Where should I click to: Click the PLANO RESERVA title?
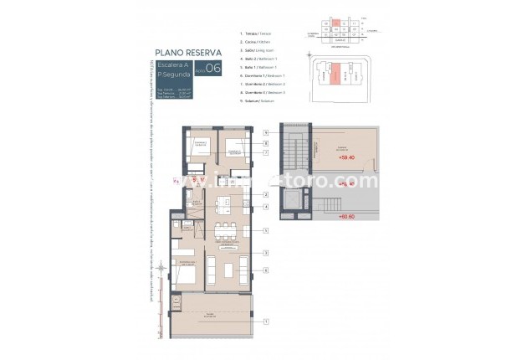pyautogui.click(x=189, y=52)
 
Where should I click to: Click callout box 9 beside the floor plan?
pyautogui.click(x=264, y=132)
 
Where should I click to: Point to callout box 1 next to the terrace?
pyautogui.click(x=264, y=322)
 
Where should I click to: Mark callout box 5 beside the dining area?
pyautogui.click(x=264, y=229)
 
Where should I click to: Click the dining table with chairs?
pyautogui.click(x=224, y=230)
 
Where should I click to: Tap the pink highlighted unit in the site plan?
pyautogui.click(x=334, y=75)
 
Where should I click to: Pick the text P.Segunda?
pyautogui.click(x=174, y=75)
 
